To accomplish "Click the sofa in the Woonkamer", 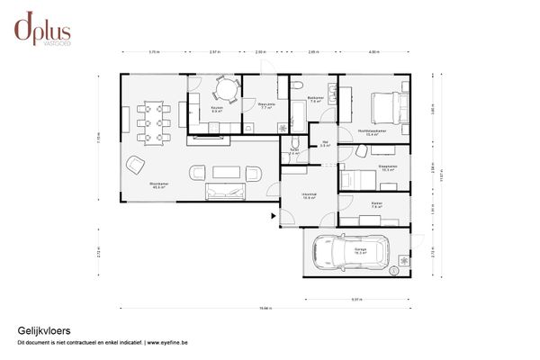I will (x=225, y=191).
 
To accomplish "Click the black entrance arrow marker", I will (x=273, y=216).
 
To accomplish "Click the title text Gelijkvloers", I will (x=39, y=330).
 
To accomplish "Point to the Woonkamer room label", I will (x=158, y=185).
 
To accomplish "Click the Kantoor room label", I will (x=376, y=205).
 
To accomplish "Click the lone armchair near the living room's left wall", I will (x=136, y=164).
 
